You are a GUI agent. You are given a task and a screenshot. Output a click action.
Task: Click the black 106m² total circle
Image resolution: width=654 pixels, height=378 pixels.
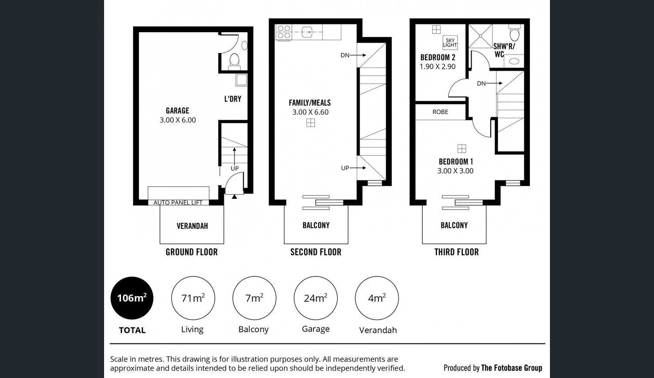point(132,298)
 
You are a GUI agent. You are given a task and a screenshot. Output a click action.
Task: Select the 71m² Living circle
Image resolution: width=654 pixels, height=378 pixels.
point(192,298)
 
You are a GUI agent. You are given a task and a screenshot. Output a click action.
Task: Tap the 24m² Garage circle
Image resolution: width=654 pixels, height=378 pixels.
point(316,298)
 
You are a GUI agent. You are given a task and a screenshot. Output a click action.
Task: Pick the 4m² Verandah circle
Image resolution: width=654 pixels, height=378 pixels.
point(377,298)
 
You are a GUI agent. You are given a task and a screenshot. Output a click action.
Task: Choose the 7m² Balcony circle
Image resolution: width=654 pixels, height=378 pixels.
point(254,298)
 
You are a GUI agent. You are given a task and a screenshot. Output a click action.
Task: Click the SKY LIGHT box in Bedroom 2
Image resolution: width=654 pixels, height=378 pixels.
point(450,42)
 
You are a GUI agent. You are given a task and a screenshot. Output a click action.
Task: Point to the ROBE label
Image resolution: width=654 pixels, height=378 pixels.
point(440,112)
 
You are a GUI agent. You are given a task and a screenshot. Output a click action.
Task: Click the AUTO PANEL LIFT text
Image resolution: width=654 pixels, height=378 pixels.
point(178,203)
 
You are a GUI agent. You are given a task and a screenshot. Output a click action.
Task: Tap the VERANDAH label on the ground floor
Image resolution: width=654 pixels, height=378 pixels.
point(192,226)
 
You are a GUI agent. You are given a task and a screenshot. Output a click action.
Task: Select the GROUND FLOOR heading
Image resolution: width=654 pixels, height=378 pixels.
point(192,252)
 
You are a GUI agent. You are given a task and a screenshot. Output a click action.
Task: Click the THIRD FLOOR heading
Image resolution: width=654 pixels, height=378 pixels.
point(456,252)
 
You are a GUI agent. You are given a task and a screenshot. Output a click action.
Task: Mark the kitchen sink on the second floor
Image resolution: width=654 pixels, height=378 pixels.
point(307,31)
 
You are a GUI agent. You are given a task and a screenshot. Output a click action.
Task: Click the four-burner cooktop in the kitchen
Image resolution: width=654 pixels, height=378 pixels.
point(284,32)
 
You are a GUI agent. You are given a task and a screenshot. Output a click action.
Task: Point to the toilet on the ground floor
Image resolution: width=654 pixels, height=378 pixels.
point(234,60)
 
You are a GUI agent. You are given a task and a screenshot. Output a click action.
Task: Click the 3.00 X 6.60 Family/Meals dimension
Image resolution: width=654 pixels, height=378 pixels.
point(310,112)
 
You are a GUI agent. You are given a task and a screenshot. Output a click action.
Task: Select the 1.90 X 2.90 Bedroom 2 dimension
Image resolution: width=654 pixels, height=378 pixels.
point(438,67)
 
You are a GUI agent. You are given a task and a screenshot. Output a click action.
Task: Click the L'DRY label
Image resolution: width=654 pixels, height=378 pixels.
point(233,99)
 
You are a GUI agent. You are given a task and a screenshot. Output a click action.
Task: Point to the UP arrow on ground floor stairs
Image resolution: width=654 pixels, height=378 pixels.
point(234,155)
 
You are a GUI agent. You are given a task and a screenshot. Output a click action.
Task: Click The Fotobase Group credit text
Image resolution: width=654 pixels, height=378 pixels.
point(512,368)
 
